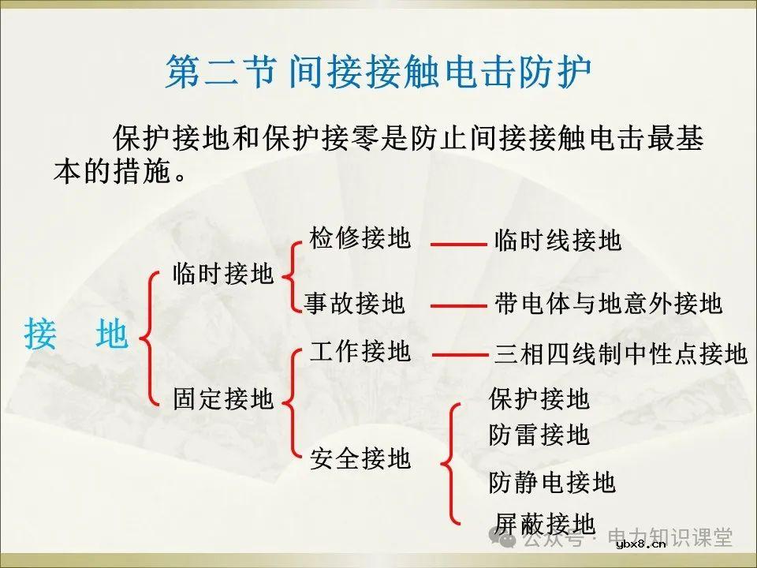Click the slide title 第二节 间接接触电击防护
378,73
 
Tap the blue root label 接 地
76,334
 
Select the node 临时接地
223,274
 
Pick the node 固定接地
223,398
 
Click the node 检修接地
360,237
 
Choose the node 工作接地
360,352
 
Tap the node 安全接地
360,458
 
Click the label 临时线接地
558,241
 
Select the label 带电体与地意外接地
609,304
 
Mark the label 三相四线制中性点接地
621,354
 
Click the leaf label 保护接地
539,399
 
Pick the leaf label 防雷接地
539,434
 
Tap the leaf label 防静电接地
552,481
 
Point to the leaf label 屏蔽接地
545,522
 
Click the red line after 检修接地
458,245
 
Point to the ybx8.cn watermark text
641,544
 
